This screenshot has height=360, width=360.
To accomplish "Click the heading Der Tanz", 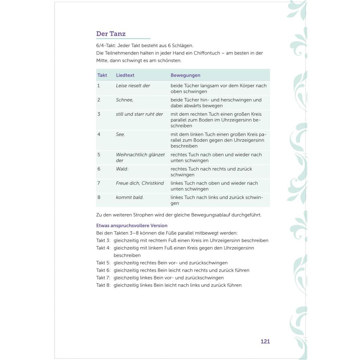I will click(111, 34).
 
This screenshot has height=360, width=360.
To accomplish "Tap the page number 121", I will click(265, 341).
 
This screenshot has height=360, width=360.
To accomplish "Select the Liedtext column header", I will click(125, 75).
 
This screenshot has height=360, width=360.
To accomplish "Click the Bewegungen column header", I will click(185, 75).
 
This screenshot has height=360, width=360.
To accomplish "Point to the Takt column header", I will click(102, 75).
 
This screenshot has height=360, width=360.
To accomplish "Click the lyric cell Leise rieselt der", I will click(133, 86).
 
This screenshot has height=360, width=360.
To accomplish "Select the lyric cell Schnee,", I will click(124, 100).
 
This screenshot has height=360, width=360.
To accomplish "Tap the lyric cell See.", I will click(120, 134).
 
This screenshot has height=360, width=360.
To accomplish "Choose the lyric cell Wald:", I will click(122, 169).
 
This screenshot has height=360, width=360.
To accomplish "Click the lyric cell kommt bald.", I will click(129, 197).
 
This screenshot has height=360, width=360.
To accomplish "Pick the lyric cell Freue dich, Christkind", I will click(140, 183).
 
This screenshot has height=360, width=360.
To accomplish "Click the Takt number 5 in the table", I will click(99, 155).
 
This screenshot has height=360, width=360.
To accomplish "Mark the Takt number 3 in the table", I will click(99, 114).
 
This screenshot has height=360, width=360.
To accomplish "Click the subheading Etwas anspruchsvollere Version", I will click(132, 226).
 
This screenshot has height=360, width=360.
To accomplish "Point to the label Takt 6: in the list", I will click(103, 270).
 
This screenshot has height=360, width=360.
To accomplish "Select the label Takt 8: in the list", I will click(103, 285).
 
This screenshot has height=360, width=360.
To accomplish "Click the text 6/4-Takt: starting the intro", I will click(106, 46).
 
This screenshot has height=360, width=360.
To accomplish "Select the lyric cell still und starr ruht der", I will click(139, 114).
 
